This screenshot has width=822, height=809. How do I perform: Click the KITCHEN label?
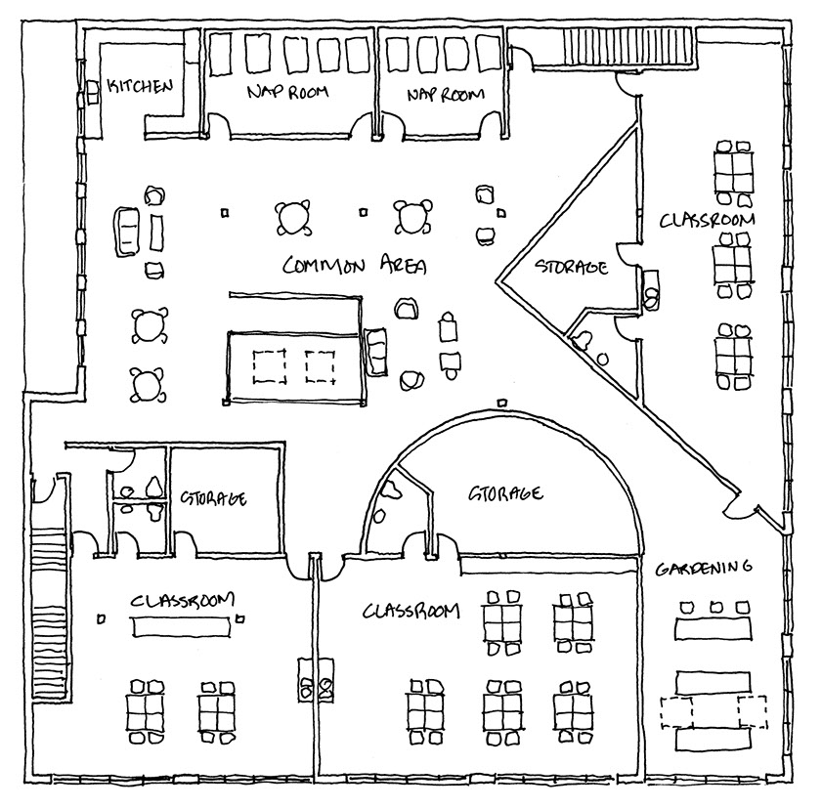click(140, 86)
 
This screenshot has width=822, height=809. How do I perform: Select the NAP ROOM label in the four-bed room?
click(446, 95)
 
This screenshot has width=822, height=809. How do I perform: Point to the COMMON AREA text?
click(355, 265)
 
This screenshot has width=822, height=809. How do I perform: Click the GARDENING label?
click(703, 567)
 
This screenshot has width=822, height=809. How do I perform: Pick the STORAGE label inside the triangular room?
click(572, 266)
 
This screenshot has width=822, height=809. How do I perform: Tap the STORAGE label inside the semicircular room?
click(506, 493)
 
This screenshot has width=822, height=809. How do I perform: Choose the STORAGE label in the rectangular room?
click(212, 498)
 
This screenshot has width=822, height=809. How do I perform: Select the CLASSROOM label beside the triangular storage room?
click(707, 220)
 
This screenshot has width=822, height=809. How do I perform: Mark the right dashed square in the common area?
click(320, 365)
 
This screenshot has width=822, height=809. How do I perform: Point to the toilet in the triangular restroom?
click(584, 341)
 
